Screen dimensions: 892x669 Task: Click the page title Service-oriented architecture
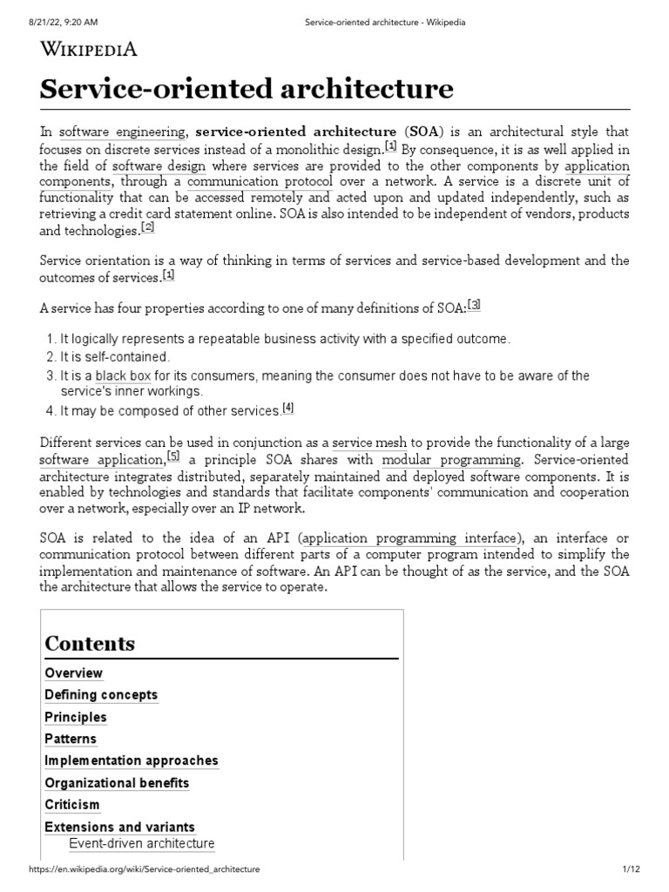tap(247, 89)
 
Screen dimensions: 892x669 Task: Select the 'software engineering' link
tap(123, 132)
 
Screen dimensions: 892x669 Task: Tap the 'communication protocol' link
tap(260, 181)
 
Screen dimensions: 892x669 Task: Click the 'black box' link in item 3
tap(124, 375)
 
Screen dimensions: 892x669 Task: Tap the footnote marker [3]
tap(474, 304)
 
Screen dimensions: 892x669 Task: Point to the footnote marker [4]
tap(288, 407)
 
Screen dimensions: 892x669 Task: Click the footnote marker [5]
tap(173, 456)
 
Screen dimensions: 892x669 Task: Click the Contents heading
tap(91, 644)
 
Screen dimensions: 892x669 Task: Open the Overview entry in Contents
tap(74, 672)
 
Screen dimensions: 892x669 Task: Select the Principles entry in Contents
tap(76, 717)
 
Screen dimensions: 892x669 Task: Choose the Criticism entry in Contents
tap(72, 804)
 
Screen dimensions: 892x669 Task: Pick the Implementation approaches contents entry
tap(132, 760)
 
